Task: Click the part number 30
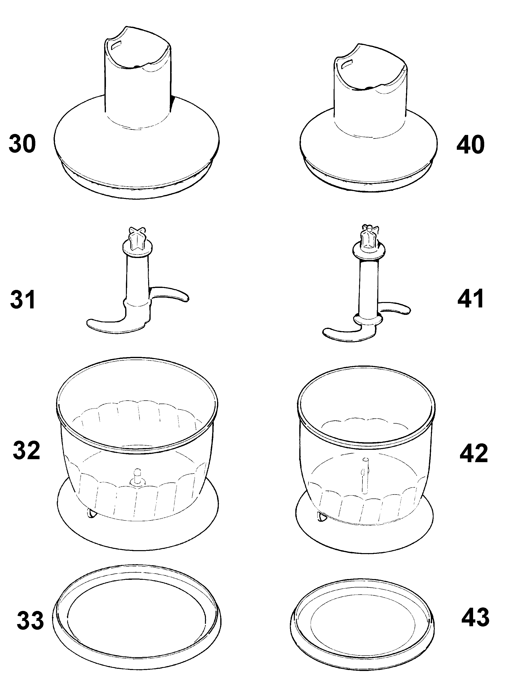pyautogui.click(x=22, y=144)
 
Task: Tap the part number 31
pyautogui.click(x=23, y=300)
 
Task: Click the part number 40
pyautogui.click(x=470, y=145)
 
